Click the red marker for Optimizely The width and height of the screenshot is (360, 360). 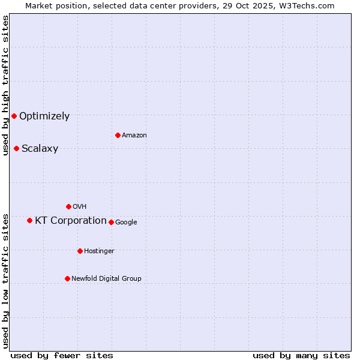tap(14, 116)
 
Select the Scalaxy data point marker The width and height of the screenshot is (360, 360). tap(16, 148)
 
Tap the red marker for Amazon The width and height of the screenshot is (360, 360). tap(118, 135)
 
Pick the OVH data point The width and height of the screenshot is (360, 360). tap(68, 206)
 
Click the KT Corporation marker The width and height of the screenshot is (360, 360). tap(29, 220)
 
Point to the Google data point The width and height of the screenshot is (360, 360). tap(111, 222)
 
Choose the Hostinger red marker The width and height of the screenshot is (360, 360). tap(80, 251)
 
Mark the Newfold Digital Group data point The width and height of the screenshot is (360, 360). tap(67, 278)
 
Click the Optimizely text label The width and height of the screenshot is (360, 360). tap(44, 116)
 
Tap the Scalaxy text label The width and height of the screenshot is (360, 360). tap(40, 149)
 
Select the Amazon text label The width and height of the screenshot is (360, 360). tap(134, 136)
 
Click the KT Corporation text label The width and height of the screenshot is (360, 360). tap(71, 221)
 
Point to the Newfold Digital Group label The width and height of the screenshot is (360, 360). tap(106, 278)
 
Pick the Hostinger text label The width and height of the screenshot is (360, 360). tap(99, 251)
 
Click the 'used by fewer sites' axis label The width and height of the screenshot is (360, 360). tap(62, 355)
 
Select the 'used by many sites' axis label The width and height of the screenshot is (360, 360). tap(301, 355)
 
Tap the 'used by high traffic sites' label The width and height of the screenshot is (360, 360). tap(5, 85)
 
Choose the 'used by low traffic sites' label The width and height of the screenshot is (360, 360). tap(5, 280)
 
